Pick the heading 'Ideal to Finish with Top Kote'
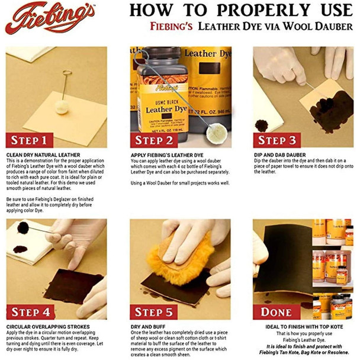click(x=299, y=326)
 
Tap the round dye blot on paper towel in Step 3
click(x=261, y=126)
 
